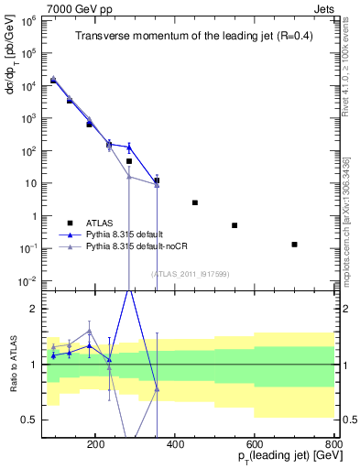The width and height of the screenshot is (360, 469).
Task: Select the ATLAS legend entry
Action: click(x=100, y=223)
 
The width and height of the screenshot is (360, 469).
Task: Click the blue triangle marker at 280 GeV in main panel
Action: click(x=129, y=147)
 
